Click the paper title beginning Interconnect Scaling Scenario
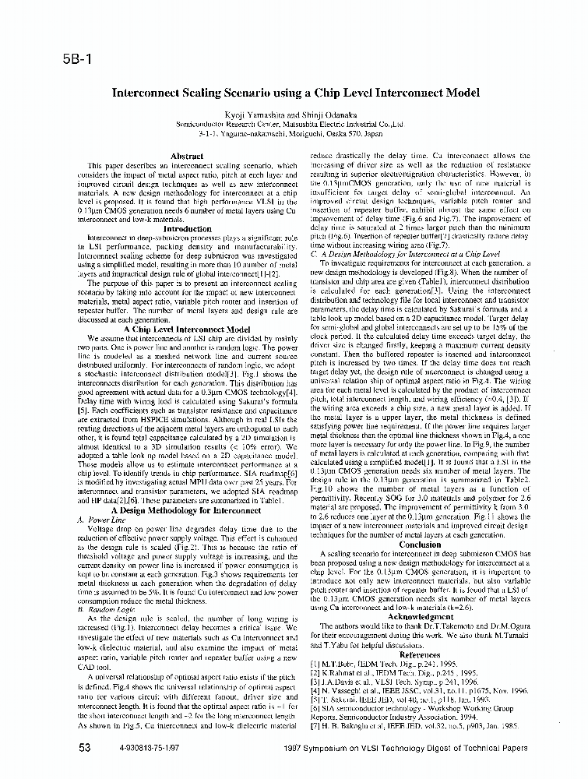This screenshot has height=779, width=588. [x=296, y=93]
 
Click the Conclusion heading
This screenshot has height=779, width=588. [x=420, y=545]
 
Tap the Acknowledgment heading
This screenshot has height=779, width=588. [x=420, y=616]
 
